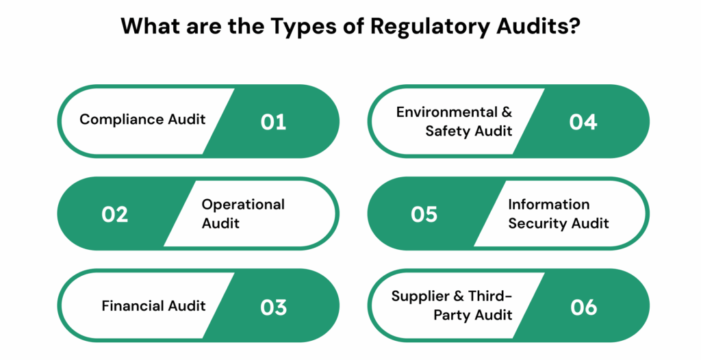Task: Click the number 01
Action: pyautogui.click(x=273, y=122)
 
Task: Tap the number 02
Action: pyautogui.click(x=115, y=214)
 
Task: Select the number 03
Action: pyautogui.click(x=273, y=307)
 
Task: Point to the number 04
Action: pyautogui.click(x=583, y=122)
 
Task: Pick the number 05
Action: pyautogui.click(x=424, y=214)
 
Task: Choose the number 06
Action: pyautogui.click(x=583, y=307)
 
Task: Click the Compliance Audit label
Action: pyautogui.click(x=142, y=120)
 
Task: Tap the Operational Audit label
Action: pyautogui.click(x=243, y=214)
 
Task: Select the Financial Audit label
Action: pyautogui.click(x=153, y=305)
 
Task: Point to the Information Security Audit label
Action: pyautogui.click(x=558, y=214)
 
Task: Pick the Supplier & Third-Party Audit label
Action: pyautogui.click(x=452, y=305)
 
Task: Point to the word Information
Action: pyautogui.click(x=548, y=204)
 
